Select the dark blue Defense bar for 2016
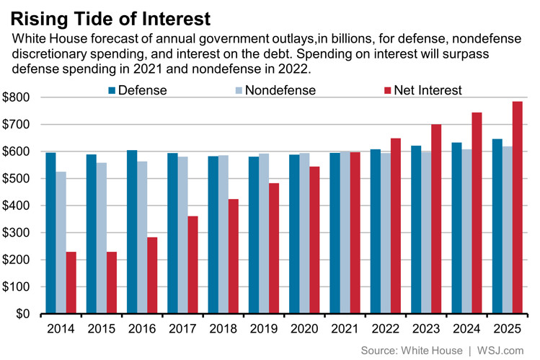point(132,232)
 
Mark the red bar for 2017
point(192,265)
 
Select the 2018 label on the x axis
point(223,329)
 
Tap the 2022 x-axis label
point(386,329)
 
